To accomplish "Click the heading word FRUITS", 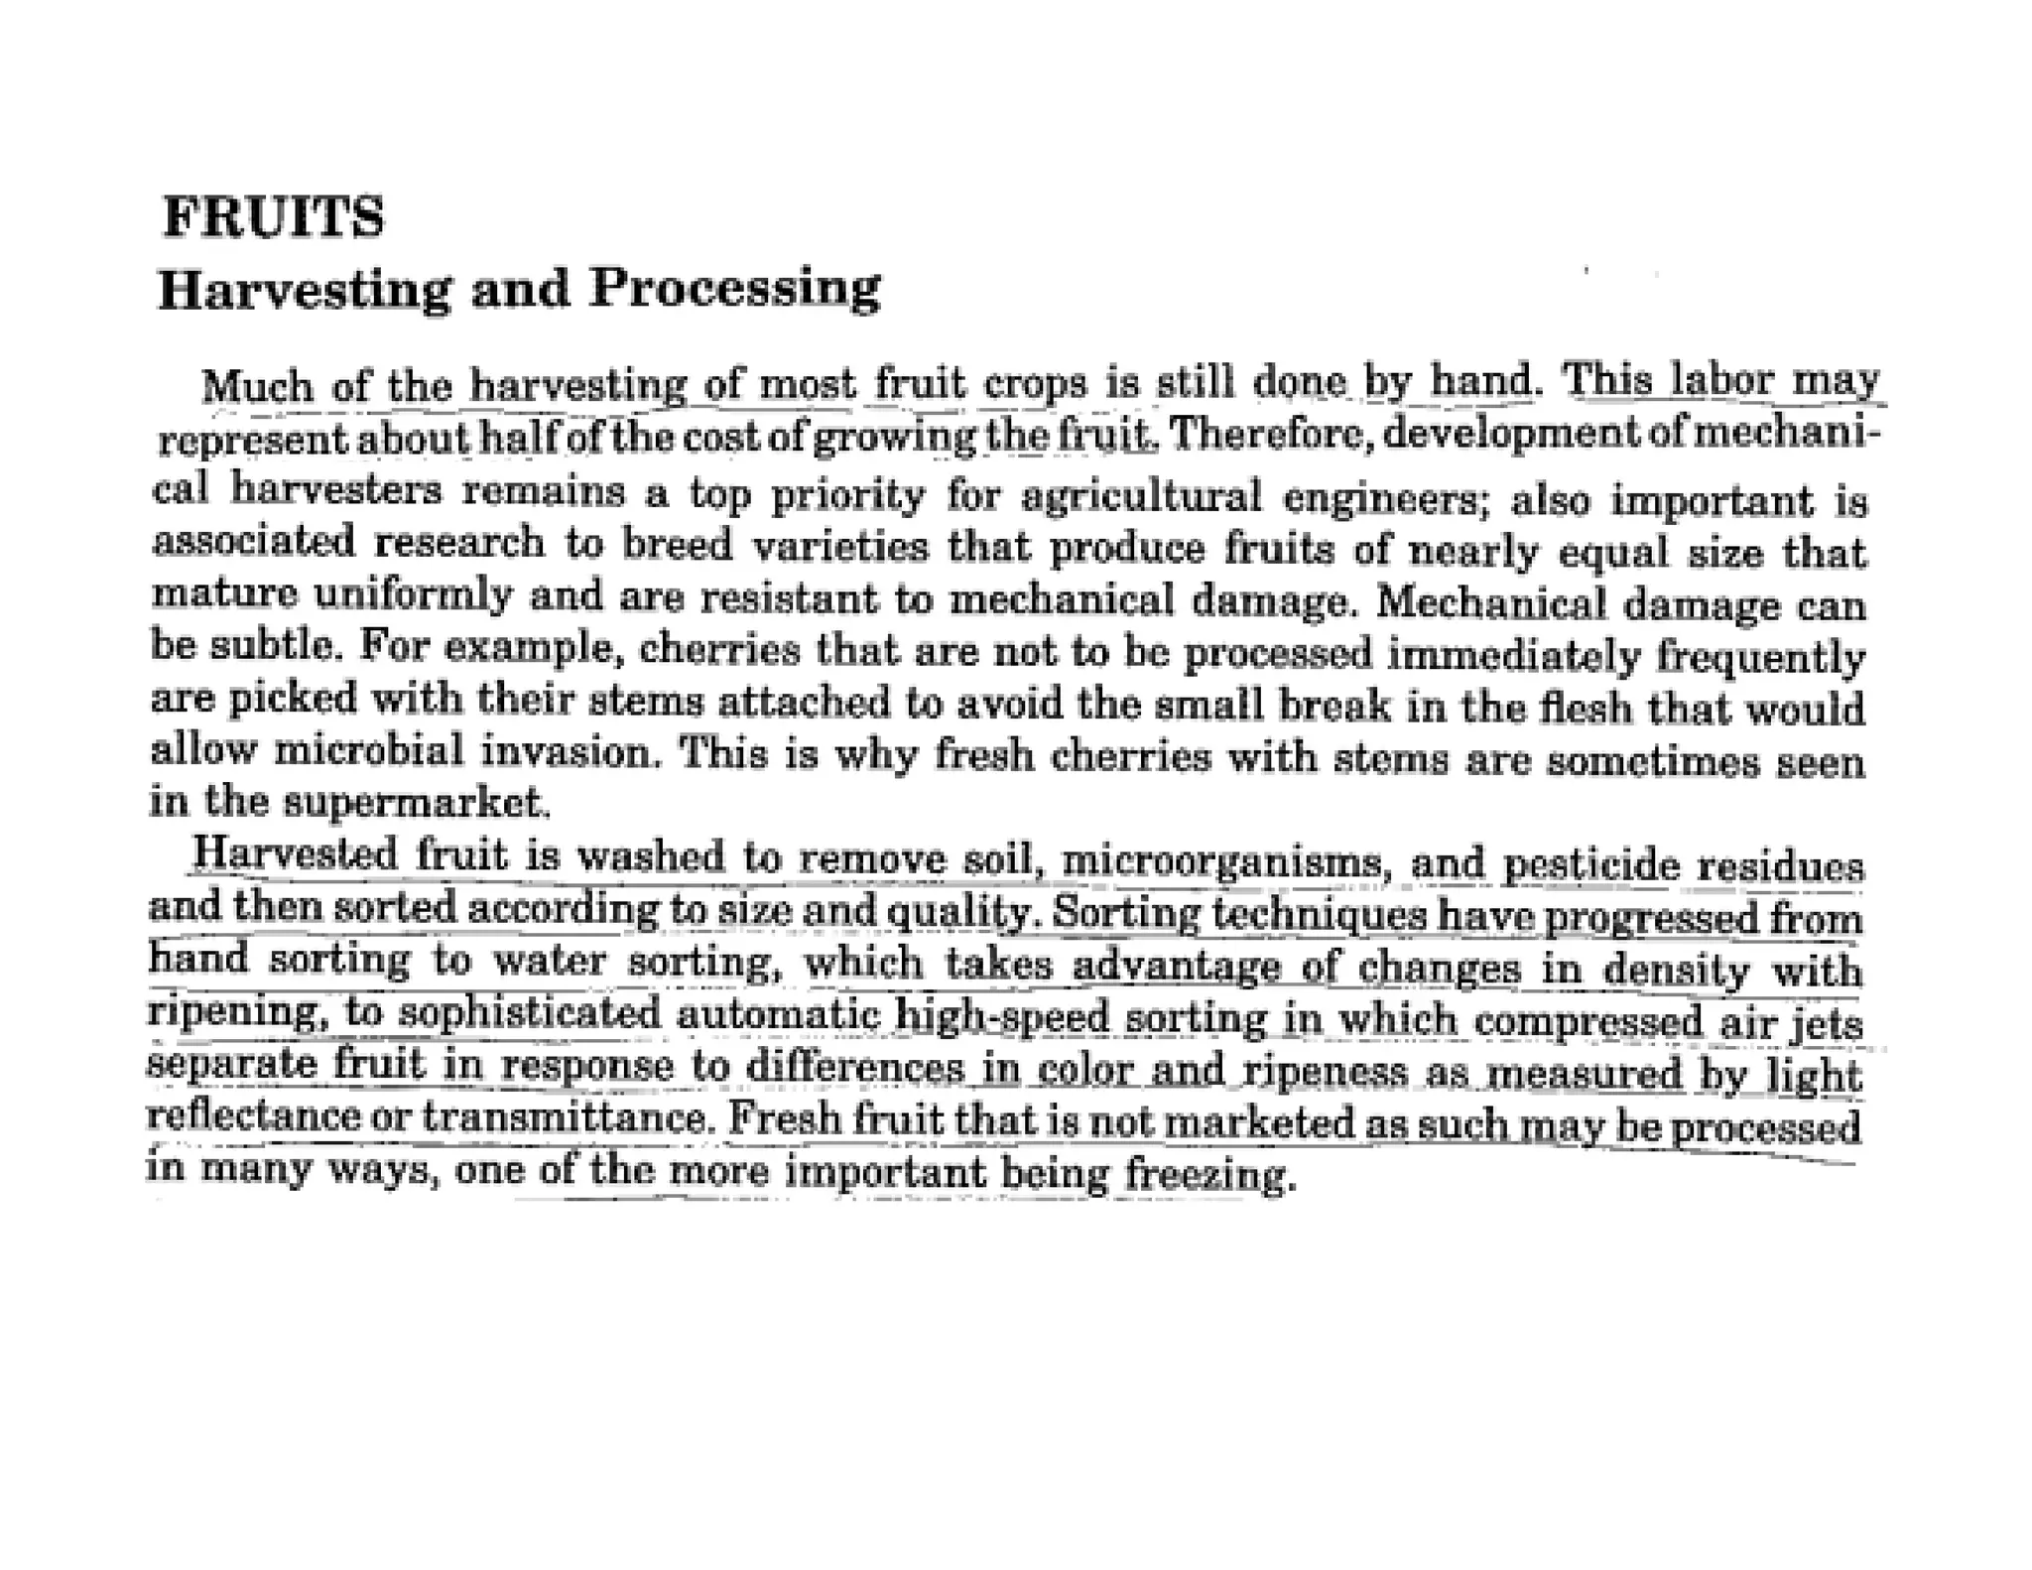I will coord(273,217).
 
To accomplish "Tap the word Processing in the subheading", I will coord(734,289).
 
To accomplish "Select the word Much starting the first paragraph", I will coord(256,385).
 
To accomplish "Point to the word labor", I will coord(1721,381).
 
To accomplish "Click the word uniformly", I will coord(414,595).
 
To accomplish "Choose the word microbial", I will coord(368,749).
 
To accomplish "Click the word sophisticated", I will coord(530,1013).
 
